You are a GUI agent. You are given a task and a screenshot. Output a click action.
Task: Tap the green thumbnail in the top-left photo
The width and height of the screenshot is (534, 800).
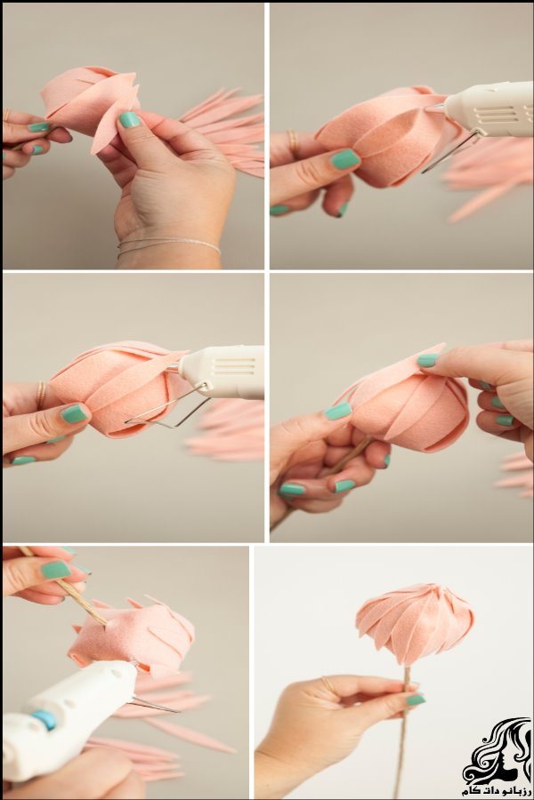[129, 119]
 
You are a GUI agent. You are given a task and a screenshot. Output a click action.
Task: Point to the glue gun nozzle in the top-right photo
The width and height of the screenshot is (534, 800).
[435, 108]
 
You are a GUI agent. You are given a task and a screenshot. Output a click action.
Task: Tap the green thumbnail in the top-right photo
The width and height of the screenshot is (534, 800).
[345, 159]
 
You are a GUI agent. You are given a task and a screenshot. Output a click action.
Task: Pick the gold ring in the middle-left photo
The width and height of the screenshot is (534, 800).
[40, 395]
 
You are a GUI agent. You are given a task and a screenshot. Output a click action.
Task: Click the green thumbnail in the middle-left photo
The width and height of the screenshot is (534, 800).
[74, 413]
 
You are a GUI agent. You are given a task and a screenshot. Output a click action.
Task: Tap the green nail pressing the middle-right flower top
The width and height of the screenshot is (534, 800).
[428, 360]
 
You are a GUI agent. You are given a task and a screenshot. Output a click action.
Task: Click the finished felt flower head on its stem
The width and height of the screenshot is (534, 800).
[415, 625]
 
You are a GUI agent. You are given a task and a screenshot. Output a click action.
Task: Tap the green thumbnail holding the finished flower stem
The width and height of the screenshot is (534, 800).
[416, 700]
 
